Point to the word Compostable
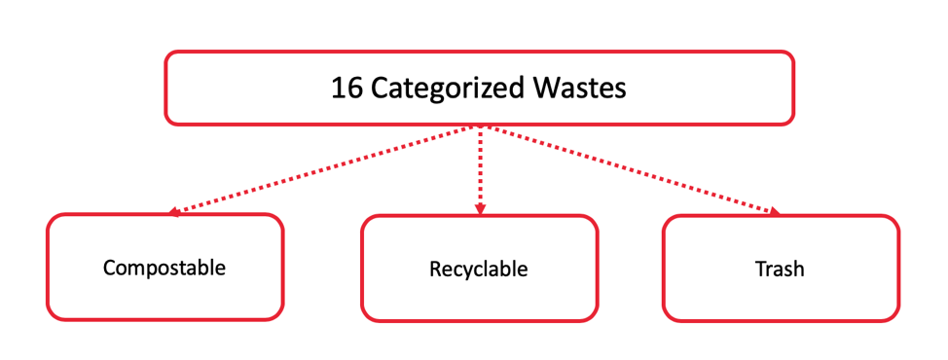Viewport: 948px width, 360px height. point(164,267)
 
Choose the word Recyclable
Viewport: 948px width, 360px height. point(478,269)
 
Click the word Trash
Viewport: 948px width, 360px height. point(780,269)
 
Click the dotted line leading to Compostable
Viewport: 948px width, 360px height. point(321,168)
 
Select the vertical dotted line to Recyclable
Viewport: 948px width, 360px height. point(479,165)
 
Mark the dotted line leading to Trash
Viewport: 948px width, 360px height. point(633,168)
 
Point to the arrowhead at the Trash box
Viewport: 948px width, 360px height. point(775,211)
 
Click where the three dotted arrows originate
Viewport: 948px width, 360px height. point(479,126)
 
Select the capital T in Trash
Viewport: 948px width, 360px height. point(759,269)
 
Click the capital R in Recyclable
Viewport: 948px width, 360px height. point(435,269)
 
